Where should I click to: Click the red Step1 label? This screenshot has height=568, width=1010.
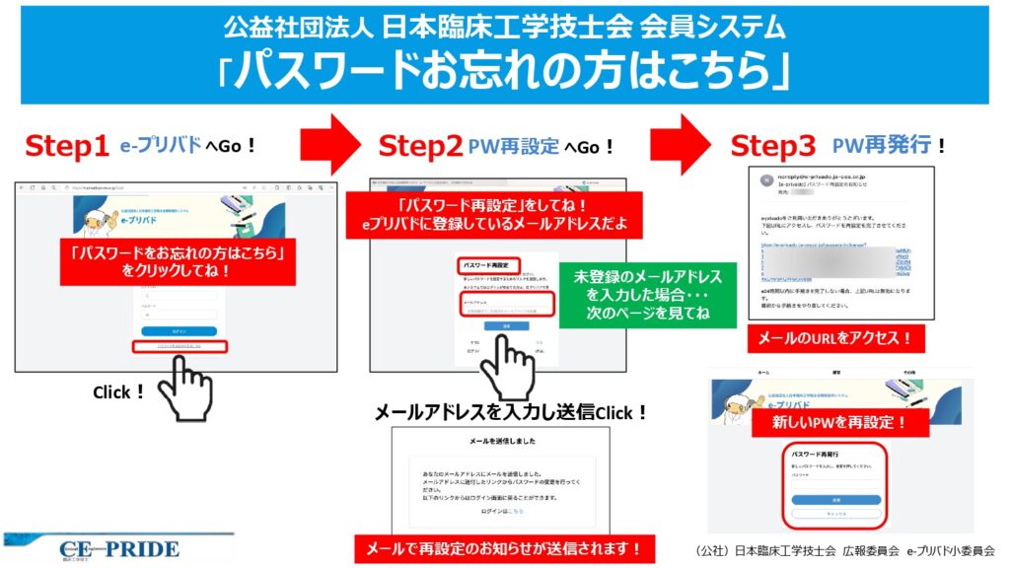tap(66, 147)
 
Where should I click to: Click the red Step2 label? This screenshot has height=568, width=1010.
tap(421, 147)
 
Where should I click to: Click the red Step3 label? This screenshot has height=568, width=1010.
tap(772, 147)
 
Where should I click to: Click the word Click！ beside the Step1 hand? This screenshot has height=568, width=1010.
tap(119, 392)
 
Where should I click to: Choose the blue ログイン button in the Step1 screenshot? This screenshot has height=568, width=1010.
tap(179, 331)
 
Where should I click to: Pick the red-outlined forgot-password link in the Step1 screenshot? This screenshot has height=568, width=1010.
tap(179, 347)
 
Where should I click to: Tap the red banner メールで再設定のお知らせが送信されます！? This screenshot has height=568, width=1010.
tap(504, 547)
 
